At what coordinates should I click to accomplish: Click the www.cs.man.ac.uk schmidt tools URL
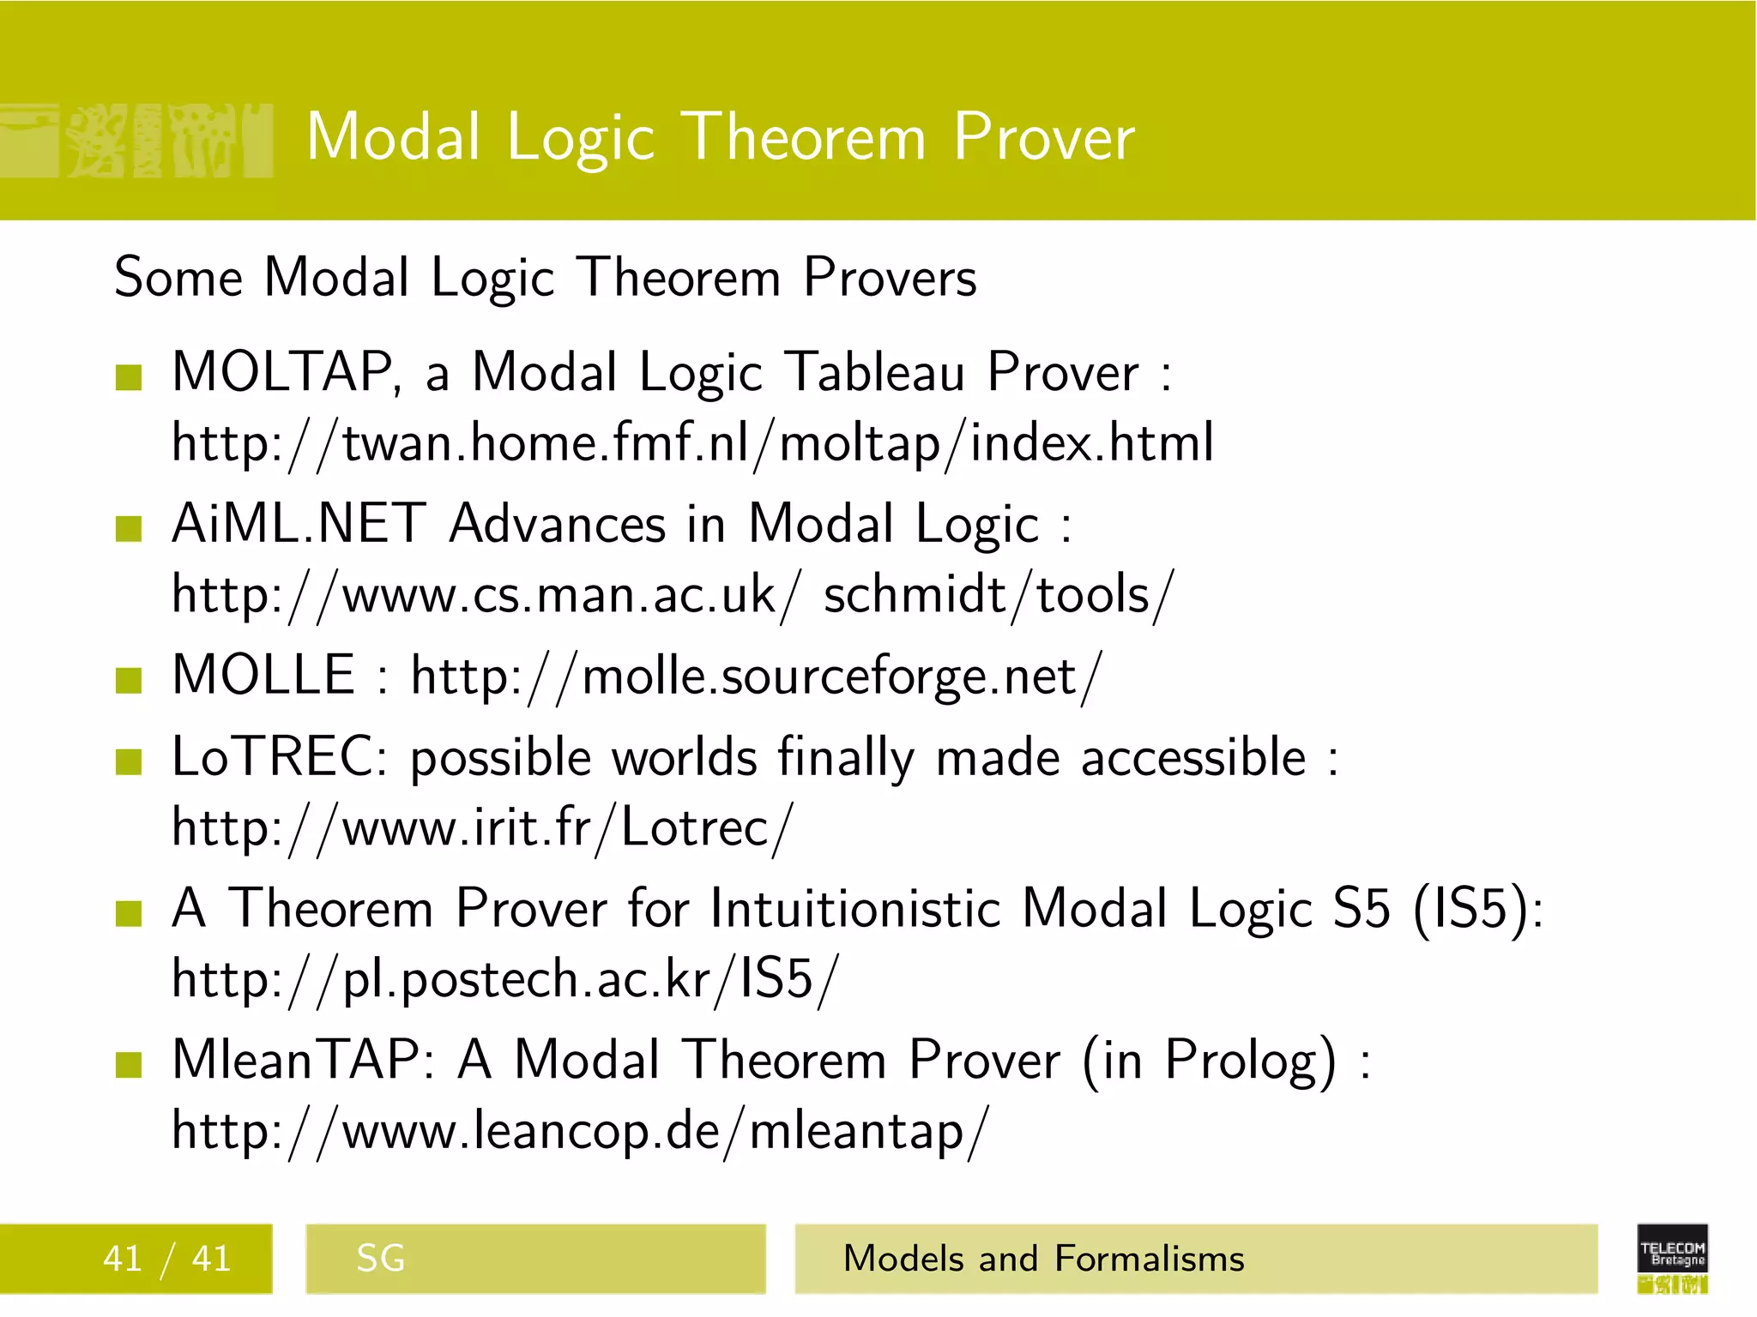pos(672,595)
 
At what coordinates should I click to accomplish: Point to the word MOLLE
pos(263,675)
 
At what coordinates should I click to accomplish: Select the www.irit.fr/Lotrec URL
pos(482,828)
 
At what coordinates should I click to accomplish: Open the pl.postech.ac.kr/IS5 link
pos(504,979)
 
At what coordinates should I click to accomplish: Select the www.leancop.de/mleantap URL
pos(580,1131)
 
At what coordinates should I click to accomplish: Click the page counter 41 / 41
pos(166,1259)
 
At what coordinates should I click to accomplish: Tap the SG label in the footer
pos(380,1259)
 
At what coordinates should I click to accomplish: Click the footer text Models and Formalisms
pos(1043,1259)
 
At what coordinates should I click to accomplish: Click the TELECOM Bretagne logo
pos(1672,1258)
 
